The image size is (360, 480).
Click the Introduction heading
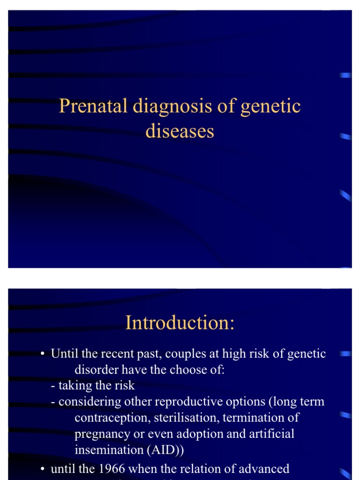180,323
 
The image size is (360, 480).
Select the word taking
74,385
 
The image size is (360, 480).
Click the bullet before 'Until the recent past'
43,354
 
